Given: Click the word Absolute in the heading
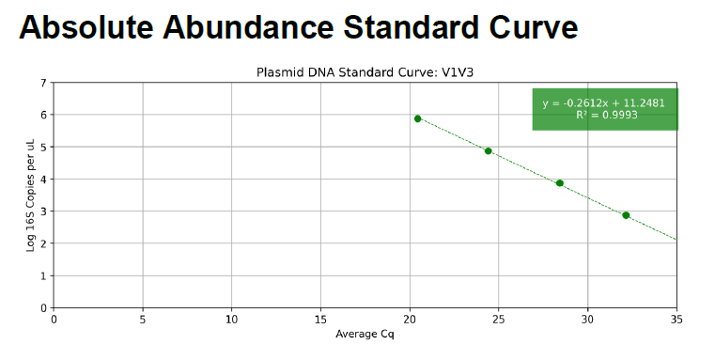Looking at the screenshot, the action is (x=86, y=27).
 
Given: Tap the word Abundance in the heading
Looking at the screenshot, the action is (x=249, y=27).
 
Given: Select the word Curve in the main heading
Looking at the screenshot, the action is (x=534, y=27).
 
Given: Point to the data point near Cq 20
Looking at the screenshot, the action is (x=418, y=118).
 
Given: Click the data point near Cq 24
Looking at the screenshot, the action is (x=489, y=151).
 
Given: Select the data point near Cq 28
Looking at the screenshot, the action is (x=560, y=183).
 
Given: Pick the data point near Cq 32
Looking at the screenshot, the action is (x=626, y=215).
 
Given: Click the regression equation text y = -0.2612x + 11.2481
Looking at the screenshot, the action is (x=604, y=103).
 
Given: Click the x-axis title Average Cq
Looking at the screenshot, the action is (x=365, y=334).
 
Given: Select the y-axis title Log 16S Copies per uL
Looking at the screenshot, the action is (x=31, y=196).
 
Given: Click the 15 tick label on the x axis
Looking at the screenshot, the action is (x=320, y=320).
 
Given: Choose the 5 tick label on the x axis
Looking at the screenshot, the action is (x=143, y=320).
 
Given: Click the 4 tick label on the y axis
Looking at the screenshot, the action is (x=44, y=179).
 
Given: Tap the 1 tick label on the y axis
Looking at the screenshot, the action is (x=44, y=275).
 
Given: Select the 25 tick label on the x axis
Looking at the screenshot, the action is (x=498, y=320).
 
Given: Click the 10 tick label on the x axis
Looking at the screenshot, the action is (x=232, y=320).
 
